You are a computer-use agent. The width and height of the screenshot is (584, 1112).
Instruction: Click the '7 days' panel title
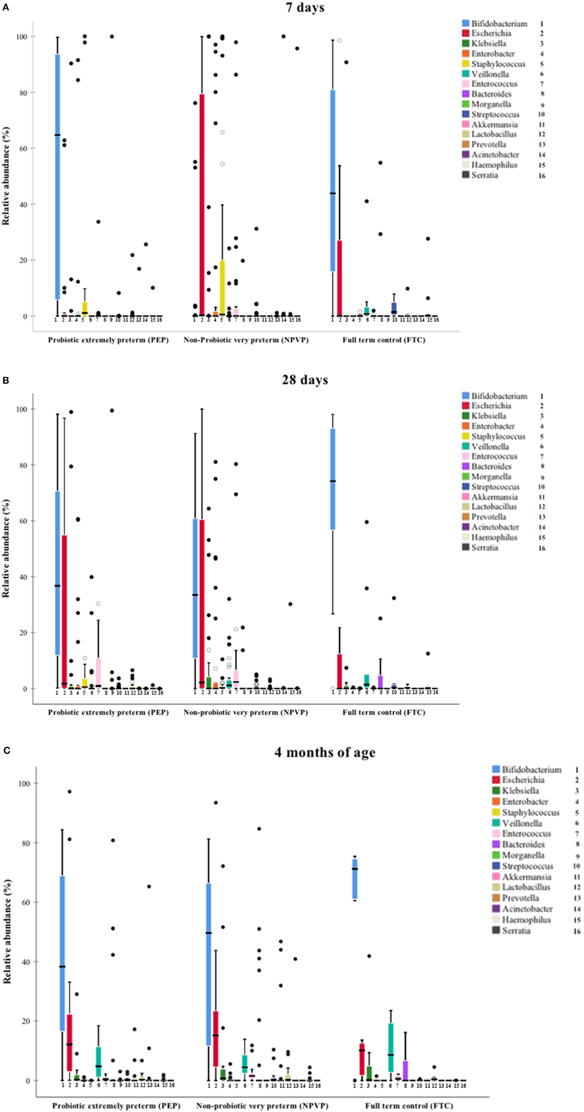tap(304, 8)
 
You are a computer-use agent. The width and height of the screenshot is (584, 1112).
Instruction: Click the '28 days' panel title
tap(304, 380)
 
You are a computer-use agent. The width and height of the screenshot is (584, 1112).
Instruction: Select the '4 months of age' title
tap(324, 752)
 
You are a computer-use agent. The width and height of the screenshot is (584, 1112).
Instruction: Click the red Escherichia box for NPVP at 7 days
tap(202, 205)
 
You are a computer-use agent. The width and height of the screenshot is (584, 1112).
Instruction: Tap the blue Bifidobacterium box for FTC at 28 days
tap(333, 479)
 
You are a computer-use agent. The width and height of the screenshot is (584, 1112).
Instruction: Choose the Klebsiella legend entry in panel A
tap(488, 44)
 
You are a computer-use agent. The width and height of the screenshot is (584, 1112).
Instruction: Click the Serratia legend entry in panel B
tap(484, 548)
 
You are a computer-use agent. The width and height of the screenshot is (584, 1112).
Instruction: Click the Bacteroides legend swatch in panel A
tap(466, 94)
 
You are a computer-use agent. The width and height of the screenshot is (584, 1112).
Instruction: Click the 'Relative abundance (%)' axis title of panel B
tap(6, 548)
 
